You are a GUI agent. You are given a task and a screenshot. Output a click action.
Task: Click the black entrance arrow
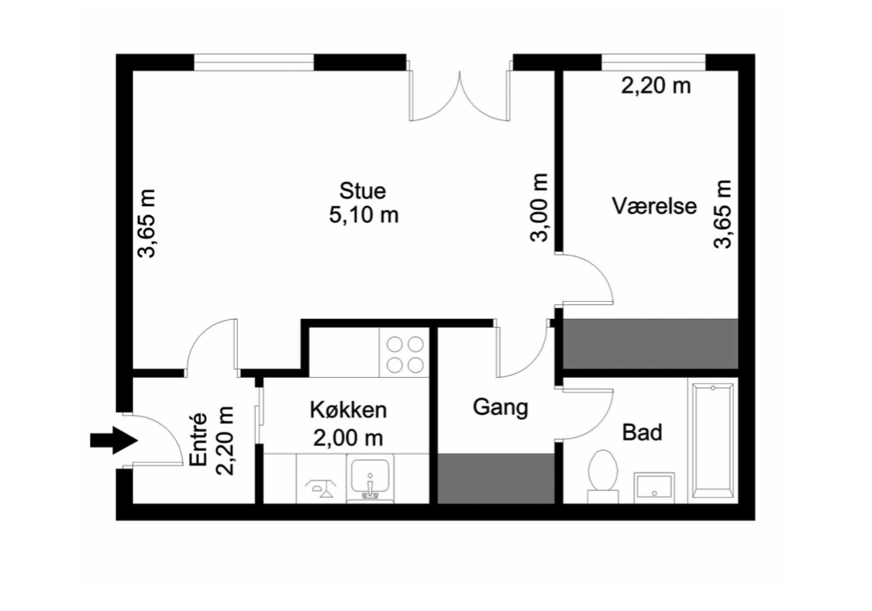point(114,441)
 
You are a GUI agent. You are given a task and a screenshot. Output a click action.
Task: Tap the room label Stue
point(363,191)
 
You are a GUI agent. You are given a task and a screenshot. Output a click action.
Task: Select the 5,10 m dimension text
point(364,215)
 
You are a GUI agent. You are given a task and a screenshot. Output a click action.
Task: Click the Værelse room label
point(654,205)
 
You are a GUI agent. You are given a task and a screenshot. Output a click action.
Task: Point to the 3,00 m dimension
point(539,208)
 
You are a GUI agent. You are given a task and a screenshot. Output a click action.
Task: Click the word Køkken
point(348,410)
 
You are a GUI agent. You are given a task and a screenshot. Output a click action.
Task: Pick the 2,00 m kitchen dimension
point(348,438)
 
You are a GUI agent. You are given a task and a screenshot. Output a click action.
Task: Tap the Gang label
point(501,407)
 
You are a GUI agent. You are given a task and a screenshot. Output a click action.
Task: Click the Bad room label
point(643,432)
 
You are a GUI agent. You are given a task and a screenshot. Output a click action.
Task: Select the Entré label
point(198,439)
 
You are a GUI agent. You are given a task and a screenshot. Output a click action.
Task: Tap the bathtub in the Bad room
point(714,441)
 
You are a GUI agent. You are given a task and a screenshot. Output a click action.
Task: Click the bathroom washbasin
point(654,487)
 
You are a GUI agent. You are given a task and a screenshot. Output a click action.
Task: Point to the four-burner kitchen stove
point(405,354)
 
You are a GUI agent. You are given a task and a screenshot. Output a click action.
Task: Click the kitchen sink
point(370,478)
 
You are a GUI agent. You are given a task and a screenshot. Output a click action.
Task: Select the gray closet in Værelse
point(650,343)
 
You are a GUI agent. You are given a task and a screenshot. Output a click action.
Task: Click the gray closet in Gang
point(496,479)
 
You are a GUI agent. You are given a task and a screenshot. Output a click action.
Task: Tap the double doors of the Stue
point(460,95)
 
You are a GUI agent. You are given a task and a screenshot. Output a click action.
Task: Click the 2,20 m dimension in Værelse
point(656,86)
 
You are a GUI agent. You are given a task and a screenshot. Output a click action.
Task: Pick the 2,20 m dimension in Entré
point(225,441)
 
